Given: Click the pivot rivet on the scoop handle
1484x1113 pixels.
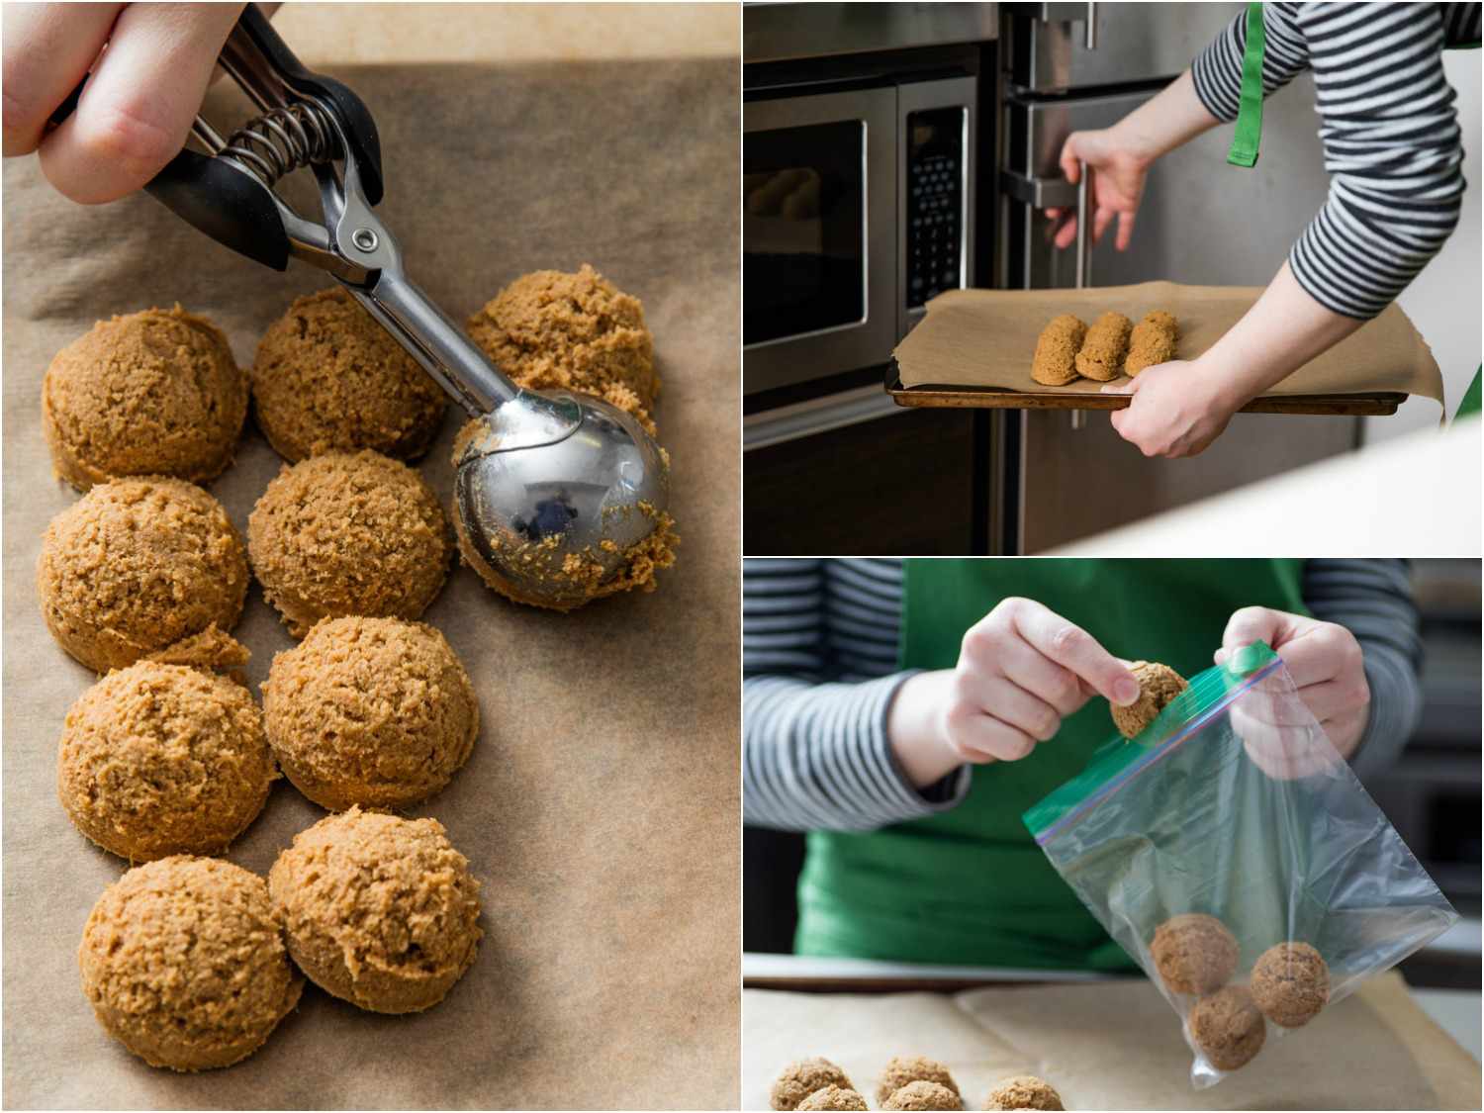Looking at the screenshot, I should click(364, 237).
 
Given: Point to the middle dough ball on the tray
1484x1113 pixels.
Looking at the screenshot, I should click(1101, 347).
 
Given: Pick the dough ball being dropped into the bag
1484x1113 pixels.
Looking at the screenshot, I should click(1147, 697).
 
